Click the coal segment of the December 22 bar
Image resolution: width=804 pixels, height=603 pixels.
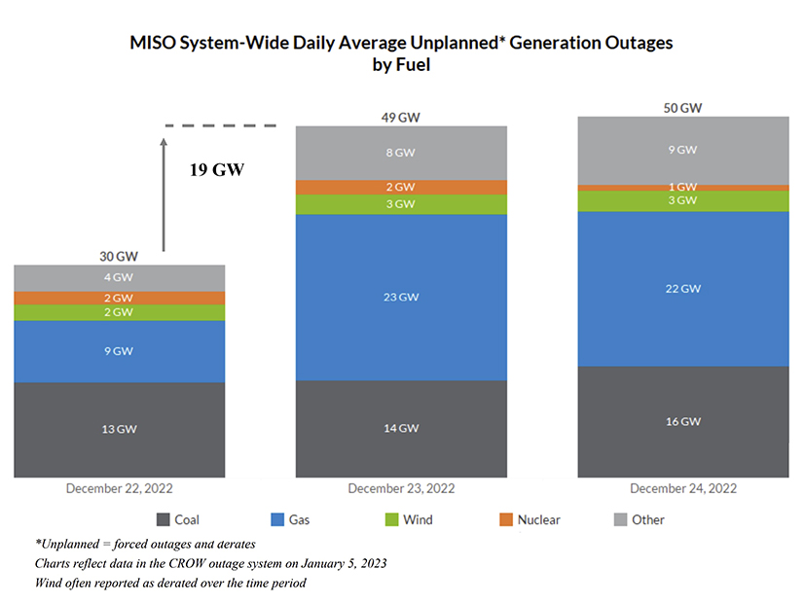pos(120,429)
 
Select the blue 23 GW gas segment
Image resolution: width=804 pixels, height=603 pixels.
pos(401,297)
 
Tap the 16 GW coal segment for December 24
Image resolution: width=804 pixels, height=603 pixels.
pos(682,421)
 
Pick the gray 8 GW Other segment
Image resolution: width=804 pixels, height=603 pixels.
pos(401,153)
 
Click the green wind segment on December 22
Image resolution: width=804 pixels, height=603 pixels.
pos(120,312)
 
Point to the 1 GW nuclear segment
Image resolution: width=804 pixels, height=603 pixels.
pos(682,187)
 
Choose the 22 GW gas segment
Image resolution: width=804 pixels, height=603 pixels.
pos(682,288)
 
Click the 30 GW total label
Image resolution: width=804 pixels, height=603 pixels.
pos(119,257)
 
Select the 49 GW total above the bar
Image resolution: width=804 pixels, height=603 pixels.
pos(401,118)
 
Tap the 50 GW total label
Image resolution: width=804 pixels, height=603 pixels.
pos(682,108)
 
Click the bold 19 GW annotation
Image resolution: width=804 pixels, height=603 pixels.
pos(216,169)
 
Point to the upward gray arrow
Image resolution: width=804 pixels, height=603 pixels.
pos(164,195)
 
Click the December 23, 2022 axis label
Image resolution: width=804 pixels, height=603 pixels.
pos(401,488)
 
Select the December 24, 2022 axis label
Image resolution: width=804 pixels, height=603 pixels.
pos(682,488)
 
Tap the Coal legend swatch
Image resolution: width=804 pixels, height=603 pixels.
pos(164,520)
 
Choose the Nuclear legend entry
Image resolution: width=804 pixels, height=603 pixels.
pos(528,520)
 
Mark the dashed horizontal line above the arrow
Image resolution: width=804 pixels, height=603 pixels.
pos(221,125)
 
